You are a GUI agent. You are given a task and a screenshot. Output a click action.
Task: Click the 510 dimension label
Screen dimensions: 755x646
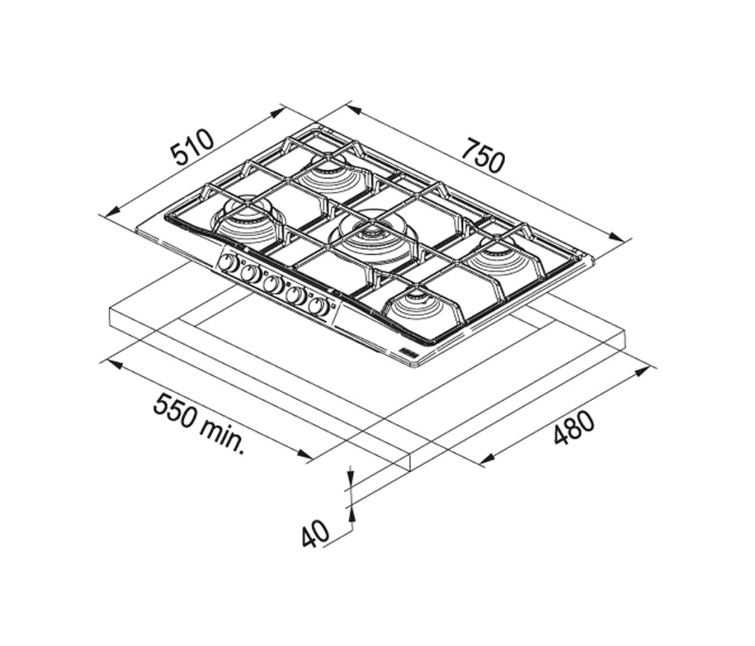coord(193,147)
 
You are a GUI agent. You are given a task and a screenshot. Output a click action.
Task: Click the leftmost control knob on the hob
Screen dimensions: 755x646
coord(228,264)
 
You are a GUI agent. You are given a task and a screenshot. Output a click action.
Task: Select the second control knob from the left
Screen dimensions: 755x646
coord(250,274)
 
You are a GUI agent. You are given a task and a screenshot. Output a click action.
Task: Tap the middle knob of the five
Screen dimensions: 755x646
coord(273,285)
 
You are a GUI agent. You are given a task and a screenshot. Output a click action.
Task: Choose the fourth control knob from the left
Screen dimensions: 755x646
coord(296,295)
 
